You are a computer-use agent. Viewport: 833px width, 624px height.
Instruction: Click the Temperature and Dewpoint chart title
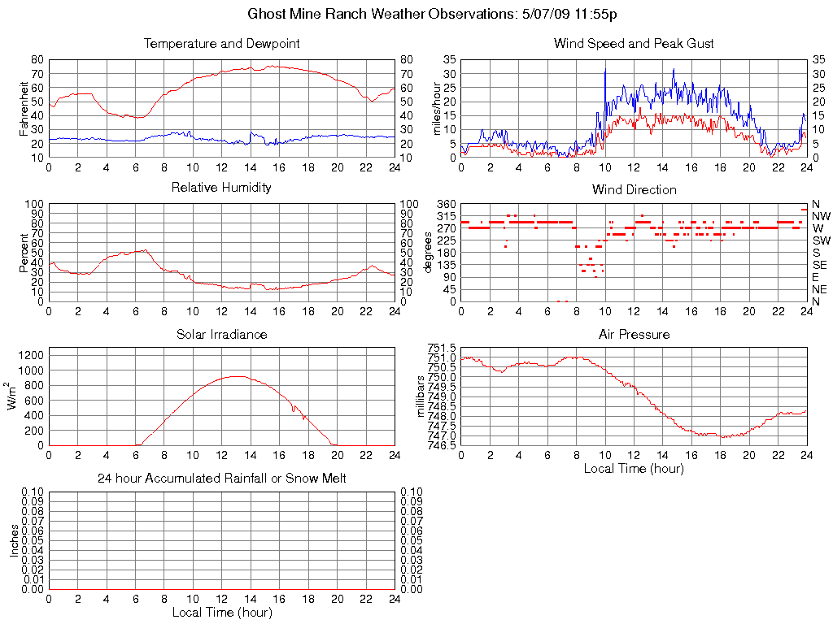[x=221, y=44]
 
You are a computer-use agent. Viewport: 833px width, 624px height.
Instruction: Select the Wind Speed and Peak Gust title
[x=634, y=44]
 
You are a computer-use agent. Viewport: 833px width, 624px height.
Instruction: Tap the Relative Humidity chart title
[x=221, y=188]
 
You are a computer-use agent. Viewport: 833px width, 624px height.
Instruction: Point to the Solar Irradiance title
[x=221, y=334]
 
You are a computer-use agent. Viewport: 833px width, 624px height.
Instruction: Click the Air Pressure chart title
[x=634, y=334]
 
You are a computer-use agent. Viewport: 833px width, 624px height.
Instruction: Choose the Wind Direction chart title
[x=634, y=190]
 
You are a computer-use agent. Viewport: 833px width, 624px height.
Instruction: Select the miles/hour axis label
[x=438, y=108]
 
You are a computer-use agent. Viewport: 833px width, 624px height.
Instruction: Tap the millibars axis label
[x=421, y=396]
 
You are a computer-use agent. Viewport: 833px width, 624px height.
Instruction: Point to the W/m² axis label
[x=13, y=396]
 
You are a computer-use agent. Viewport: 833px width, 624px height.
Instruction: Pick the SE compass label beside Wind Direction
[x=820, y=265]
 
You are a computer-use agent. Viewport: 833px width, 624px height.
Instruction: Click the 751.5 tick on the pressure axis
[x=442, y=348]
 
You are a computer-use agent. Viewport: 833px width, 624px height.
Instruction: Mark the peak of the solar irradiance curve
[x=236, y=376]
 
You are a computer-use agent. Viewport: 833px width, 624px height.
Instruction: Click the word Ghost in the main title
[x=266, y=15]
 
